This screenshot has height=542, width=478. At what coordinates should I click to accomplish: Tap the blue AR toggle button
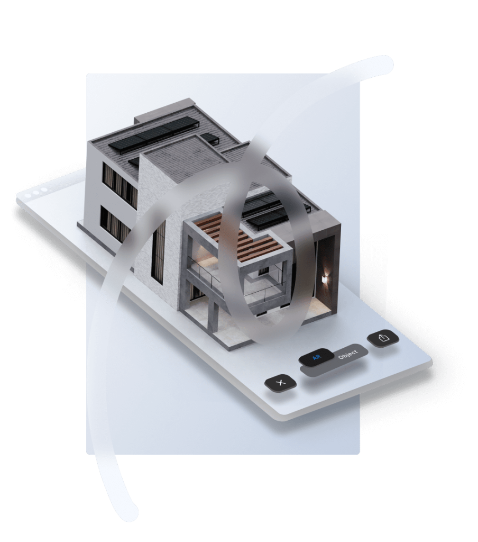coord(316,358)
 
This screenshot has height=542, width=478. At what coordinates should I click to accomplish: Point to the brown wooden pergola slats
coord(238,237)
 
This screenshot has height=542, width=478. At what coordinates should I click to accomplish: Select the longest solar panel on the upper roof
coord(152,135)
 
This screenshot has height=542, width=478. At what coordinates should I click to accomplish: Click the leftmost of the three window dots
coord(29,196)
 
